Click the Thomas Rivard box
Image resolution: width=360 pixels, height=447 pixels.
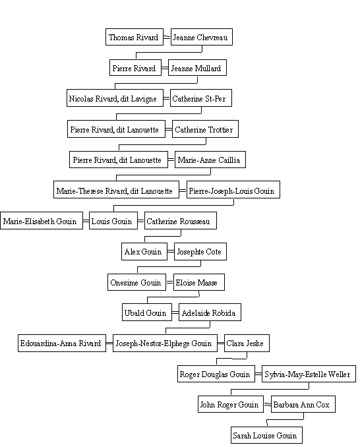(135, 37)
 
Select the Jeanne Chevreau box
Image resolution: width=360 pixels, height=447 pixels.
(202, 37)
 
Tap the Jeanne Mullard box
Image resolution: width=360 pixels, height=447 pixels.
(197, 67)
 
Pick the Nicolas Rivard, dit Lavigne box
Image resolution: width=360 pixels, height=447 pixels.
(115, 98)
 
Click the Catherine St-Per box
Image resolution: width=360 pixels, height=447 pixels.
(201, 98)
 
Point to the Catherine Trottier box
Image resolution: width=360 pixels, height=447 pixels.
(205, 129)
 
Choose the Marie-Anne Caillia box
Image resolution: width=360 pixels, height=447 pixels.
(210, 160)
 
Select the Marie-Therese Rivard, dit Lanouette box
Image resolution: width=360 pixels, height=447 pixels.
(116, 190)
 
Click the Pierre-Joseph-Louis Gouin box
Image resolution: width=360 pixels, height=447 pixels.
(233, 190)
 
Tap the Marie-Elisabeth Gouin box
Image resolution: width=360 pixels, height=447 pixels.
(42, 220)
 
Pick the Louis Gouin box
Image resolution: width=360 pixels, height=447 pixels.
(113, 220)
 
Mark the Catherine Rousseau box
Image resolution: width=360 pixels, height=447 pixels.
(181, 220)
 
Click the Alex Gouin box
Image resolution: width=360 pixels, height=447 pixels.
(144, 251)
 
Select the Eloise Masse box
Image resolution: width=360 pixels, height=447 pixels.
(199, 282)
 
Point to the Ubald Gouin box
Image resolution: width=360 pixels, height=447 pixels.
(147, 312)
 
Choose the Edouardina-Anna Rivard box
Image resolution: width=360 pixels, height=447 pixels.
(62, 343)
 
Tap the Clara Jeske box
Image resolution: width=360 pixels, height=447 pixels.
(247, 343)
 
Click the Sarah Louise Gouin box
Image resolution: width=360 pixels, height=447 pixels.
(266, 435)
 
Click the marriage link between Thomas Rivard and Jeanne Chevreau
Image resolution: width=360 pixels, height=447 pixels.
(167, 37)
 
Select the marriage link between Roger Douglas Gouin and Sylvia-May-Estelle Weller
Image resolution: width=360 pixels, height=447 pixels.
(258, 374)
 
